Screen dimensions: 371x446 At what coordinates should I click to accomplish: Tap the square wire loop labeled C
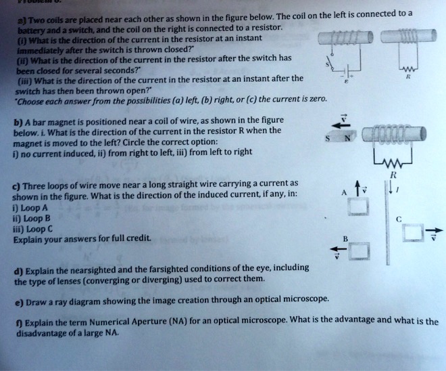412,234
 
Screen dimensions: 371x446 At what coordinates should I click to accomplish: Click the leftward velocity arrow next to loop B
340,253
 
